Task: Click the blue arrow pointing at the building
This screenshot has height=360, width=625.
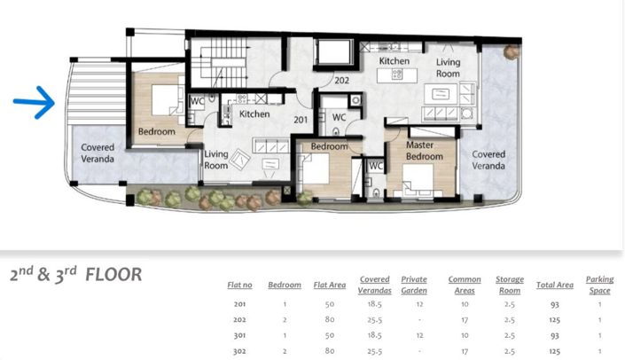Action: (35, 102)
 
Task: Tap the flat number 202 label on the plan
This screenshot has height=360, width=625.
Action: (341, 81)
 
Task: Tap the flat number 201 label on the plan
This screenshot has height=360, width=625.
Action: (301, 120)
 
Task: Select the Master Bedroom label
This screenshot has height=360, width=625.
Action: (425, 151)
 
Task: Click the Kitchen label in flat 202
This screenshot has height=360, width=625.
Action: (395, 61)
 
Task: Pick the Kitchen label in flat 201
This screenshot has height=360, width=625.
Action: (254, 114)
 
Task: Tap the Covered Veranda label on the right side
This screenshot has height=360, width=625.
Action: (488, 160)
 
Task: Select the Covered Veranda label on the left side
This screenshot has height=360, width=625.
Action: (98, 153)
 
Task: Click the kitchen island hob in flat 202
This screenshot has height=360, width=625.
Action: (397, 74)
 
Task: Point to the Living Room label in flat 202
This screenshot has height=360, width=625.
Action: (448, 67)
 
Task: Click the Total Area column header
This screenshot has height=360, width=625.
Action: (554, 285)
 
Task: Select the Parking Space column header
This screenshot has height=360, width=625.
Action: (599, 285)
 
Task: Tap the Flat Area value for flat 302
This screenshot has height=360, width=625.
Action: (330, 351)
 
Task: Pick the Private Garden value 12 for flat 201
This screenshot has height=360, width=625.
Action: (419, 304)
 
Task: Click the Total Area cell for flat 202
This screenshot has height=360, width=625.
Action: (554, 320)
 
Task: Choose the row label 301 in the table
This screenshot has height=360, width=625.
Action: (239, 336)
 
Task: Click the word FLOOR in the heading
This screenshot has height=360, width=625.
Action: (113, 275)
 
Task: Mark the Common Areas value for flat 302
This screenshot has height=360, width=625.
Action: (465, 351)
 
